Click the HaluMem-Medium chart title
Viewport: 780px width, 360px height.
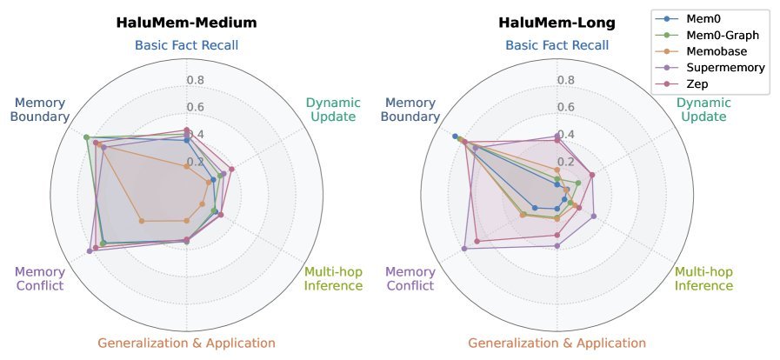point(186,23)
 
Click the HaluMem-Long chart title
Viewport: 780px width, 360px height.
point(557,23)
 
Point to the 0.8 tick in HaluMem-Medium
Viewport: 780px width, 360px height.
point(197,81)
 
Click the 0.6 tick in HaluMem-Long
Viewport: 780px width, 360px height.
point(567,108)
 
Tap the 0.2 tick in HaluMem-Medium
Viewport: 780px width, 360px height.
point(197,162)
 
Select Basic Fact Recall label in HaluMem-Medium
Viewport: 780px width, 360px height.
point(186,45)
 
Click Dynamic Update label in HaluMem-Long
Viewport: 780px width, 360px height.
point(704,110)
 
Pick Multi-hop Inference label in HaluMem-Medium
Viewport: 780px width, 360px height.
point(333,278)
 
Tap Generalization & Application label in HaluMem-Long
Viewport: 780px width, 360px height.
point(557,343)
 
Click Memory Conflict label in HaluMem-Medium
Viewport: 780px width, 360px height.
point(40,278)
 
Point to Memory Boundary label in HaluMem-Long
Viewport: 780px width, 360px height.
point(411,110)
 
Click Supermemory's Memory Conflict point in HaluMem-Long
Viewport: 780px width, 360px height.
point(464,249)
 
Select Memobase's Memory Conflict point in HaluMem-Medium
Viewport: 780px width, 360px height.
point(142,221)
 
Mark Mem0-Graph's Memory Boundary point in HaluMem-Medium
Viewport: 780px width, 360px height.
point(85,137)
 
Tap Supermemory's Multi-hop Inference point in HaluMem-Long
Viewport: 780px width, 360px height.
point(593,217)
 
